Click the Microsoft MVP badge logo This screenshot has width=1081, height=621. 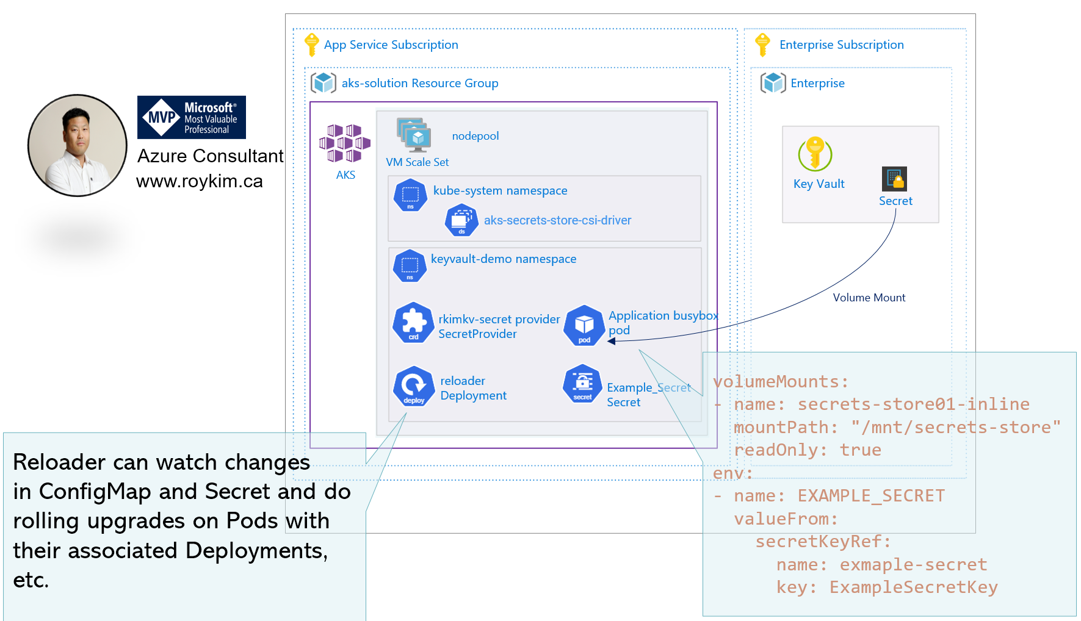191,117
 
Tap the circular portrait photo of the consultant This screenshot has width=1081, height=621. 78,145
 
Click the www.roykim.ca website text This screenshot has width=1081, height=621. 200,181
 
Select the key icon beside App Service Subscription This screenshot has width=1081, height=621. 311,45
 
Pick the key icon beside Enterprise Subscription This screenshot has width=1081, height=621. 762,45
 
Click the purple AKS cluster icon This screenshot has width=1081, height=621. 344,143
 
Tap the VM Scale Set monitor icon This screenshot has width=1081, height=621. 414,135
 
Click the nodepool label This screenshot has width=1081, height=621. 475,136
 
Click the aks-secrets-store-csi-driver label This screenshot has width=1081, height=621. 557,220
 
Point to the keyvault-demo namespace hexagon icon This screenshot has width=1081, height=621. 410,265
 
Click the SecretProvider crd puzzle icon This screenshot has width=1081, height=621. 413,322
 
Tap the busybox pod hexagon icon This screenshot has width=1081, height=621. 584,325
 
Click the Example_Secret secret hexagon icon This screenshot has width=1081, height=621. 583,384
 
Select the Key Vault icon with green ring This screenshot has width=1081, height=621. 815,153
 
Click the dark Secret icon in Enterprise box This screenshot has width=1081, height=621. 894,179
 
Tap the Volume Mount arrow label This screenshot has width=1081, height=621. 869,298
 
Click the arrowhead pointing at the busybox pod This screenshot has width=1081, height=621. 612,341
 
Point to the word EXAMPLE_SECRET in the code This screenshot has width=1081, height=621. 871,496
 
